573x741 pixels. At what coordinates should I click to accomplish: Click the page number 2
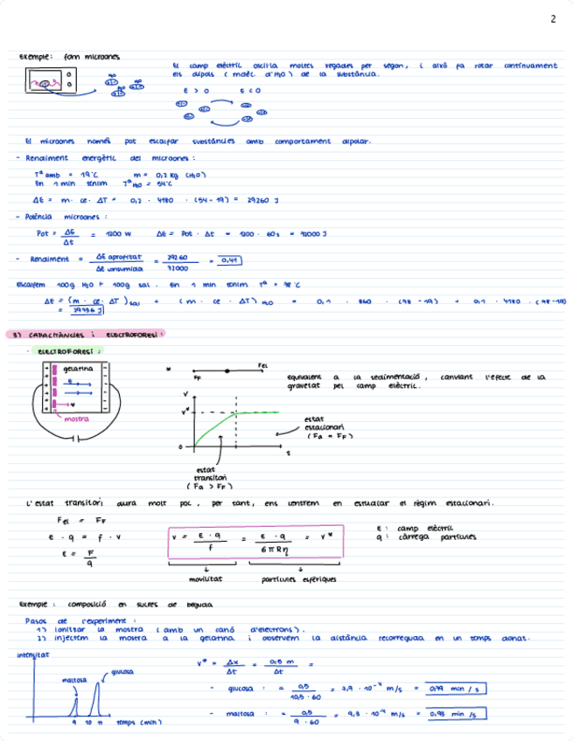(553, 19)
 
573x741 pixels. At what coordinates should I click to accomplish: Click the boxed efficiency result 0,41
(229, 260)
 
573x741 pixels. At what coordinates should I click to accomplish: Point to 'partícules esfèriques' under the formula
(289, 578)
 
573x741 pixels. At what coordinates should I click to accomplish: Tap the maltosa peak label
(73, 678)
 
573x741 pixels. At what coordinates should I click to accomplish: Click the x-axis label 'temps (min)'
(136, 723)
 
